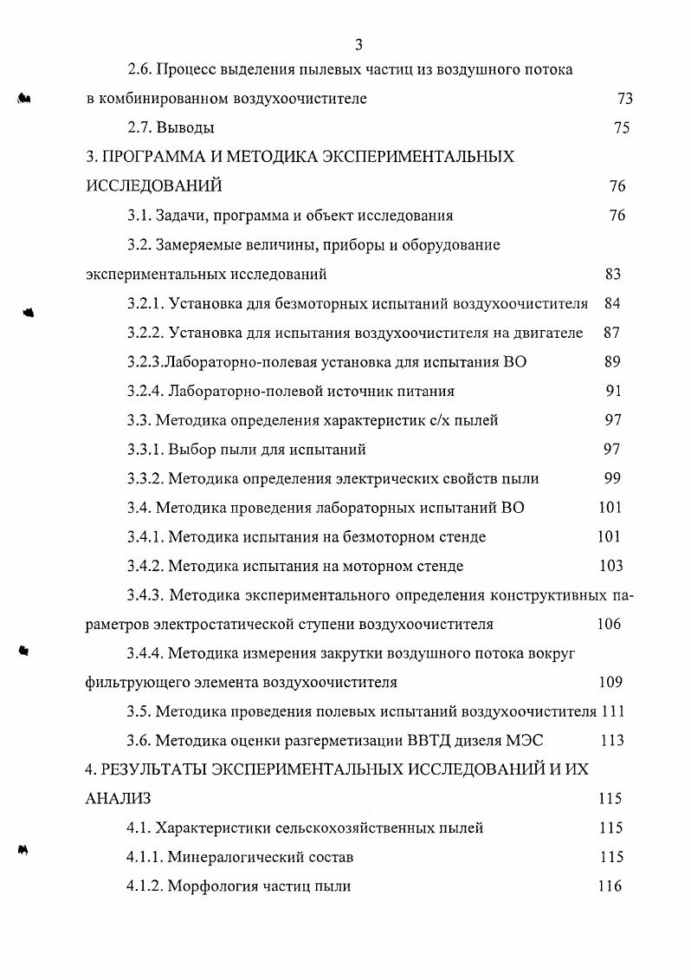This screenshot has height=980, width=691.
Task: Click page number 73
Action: click(x=624, y=99)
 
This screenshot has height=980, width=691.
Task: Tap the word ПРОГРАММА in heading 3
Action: click(x=159, y=157)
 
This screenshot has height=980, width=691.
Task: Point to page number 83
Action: click(x=613, y=275)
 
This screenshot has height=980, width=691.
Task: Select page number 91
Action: click(x=613, y=391)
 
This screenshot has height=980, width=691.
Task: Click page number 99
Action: click(x=613, y=478)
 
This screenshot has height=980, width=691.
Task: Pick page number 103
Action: click(x=610, y=566)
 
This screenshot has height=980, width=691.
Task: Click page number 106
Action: click(x=609, y=624)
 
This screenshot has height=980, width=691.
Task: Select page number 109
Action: click(x=610, y=682)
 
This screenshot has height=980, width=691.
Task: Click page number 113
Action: click(x=610, y=740)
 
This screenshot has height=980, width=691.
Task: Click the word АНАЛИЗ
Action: click(x=118, y=798)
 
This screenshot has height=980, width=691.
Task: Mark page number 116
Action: click(x=610, y=886)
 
